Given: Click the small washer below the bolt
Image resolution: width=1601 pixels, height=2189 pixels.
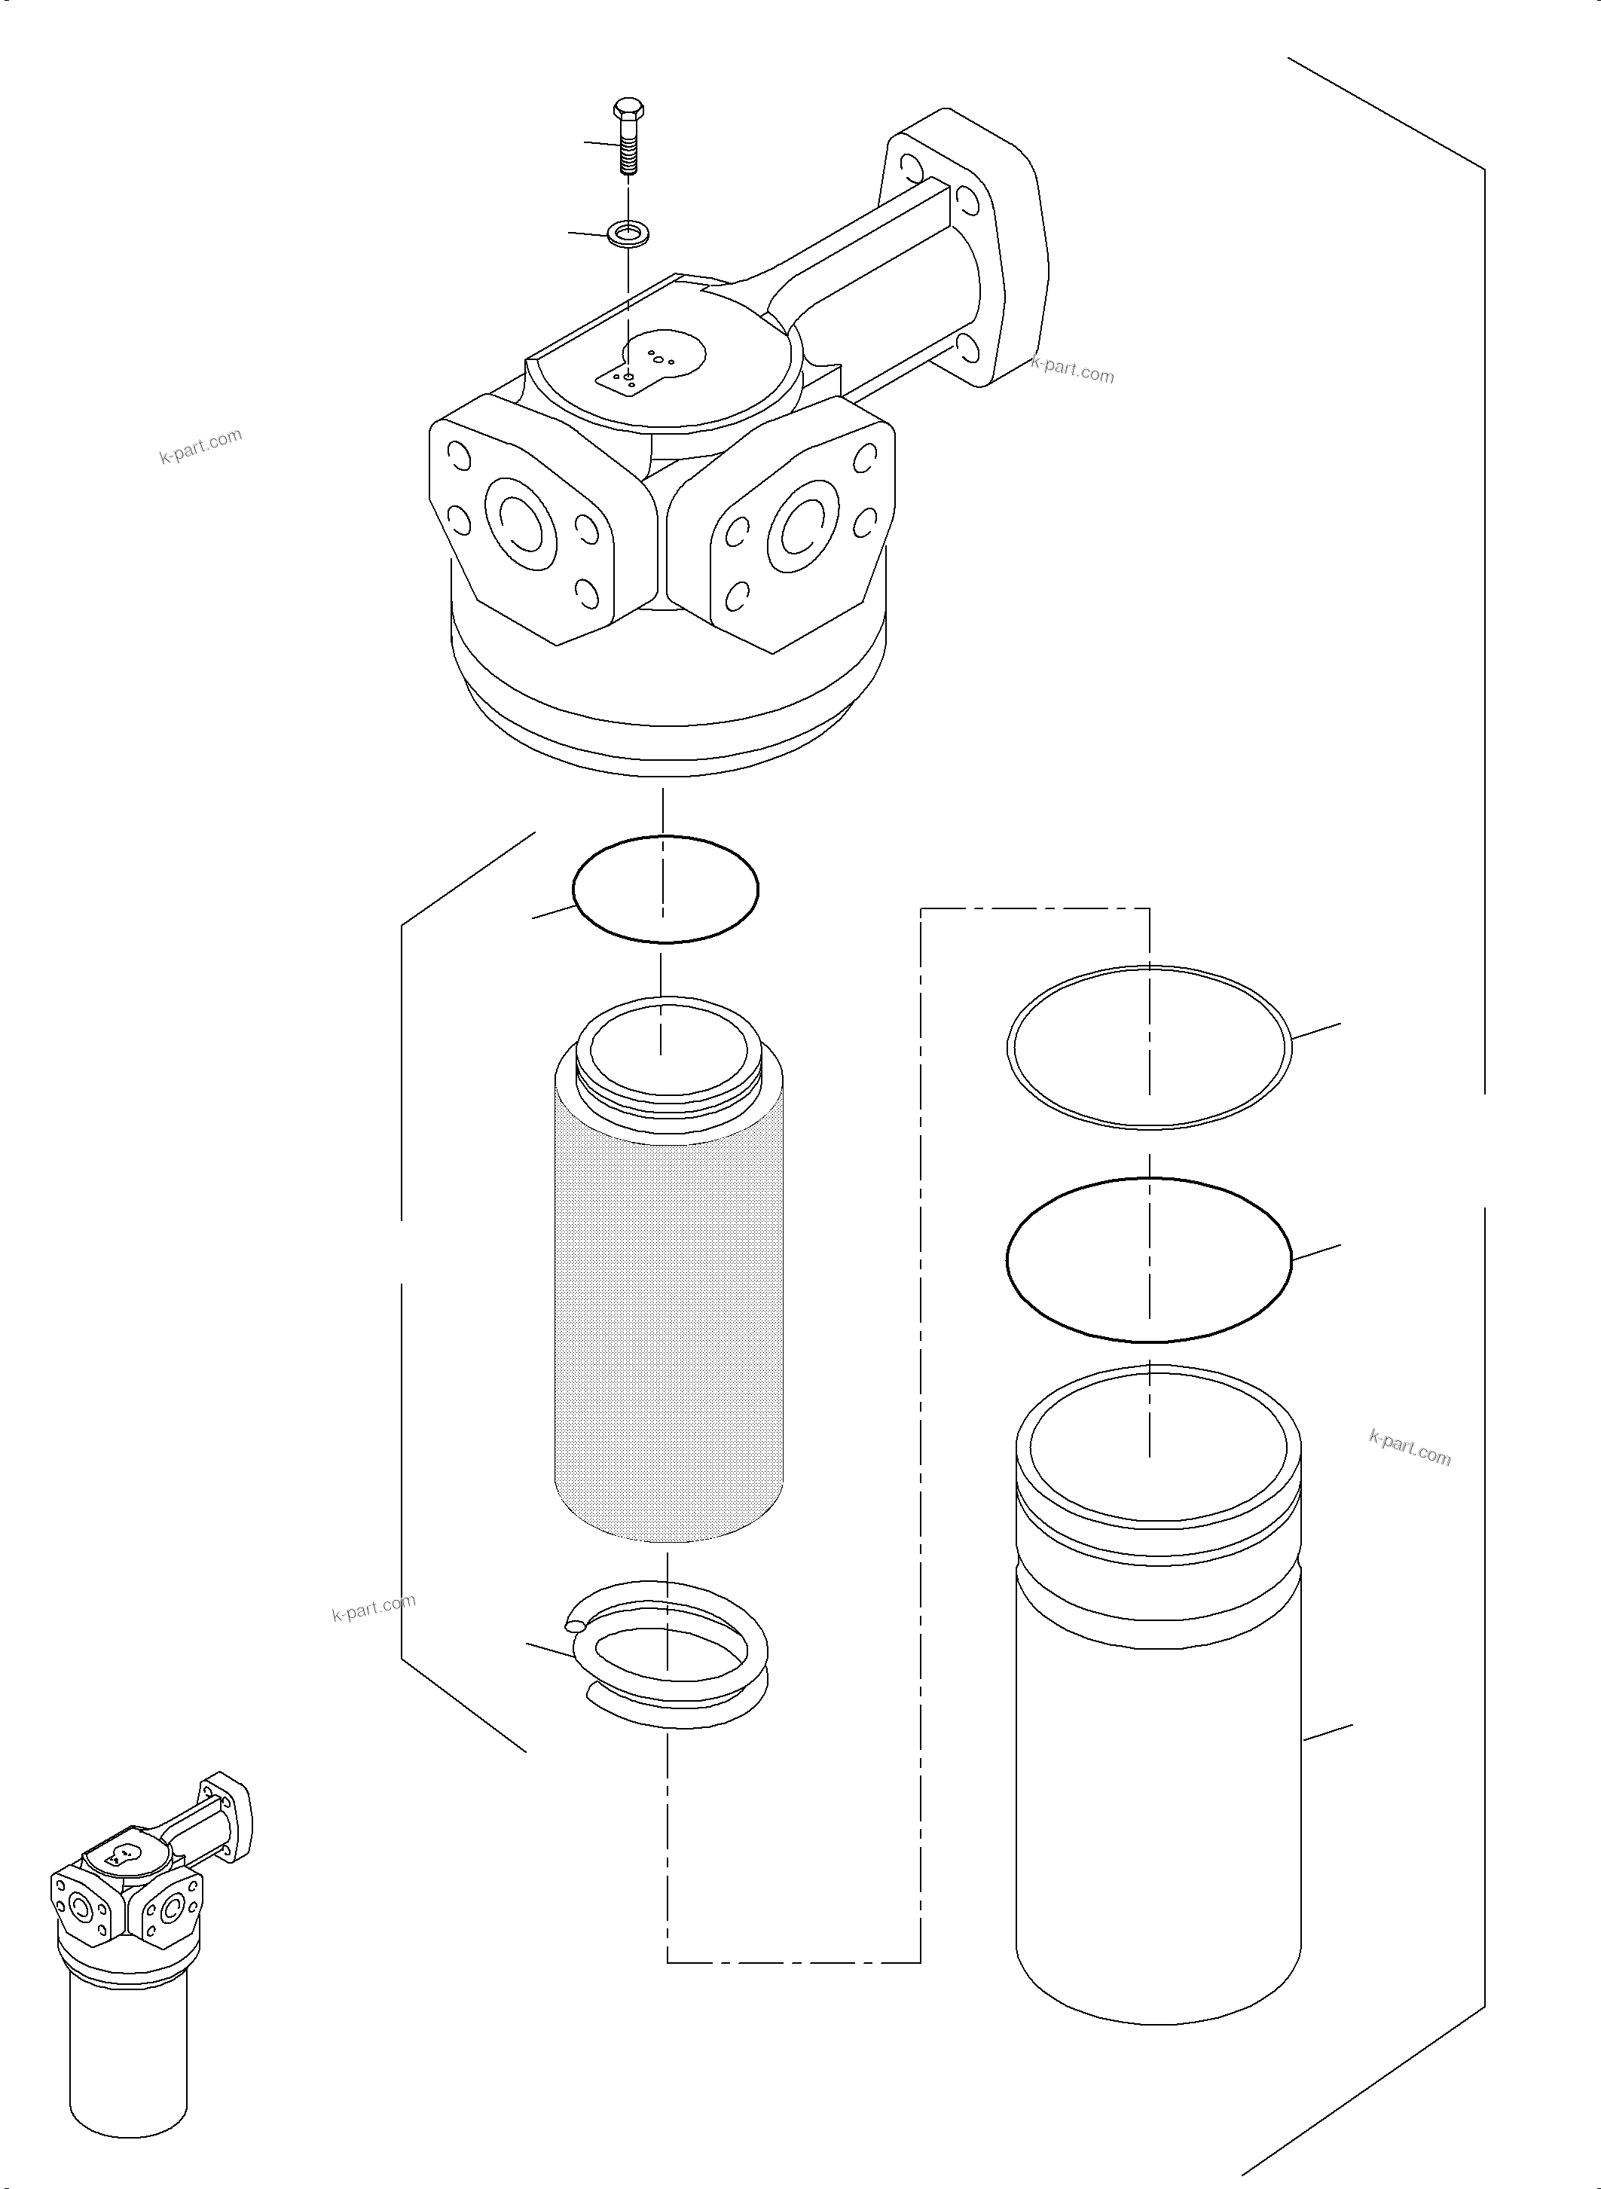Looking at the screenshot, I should (x=628, y=233).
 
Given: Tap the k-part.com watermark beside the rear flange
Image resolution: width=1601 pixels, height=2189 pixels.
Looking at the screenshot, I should (x=1073, y=370).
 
